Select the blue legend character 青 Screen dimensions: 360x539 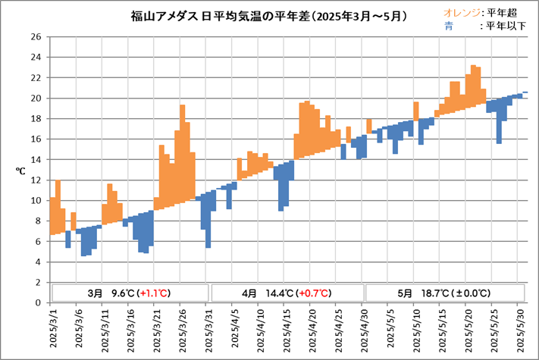(450, 25)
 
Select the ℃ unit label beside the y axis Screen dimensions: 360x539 (21, 171)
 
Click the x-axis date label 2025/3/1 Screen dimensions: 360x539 (54, 327)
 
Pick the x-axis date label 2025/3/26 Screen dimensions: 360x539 (183, 327)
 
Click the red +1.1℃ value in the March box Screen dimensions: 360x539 (154, 293)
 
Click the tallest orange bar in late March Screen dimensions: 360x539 (183, 152)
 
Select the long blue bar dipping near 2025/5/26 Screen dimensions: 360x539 (499, 125)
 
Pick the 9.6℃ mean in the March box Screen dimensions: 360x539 (123, 293)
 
